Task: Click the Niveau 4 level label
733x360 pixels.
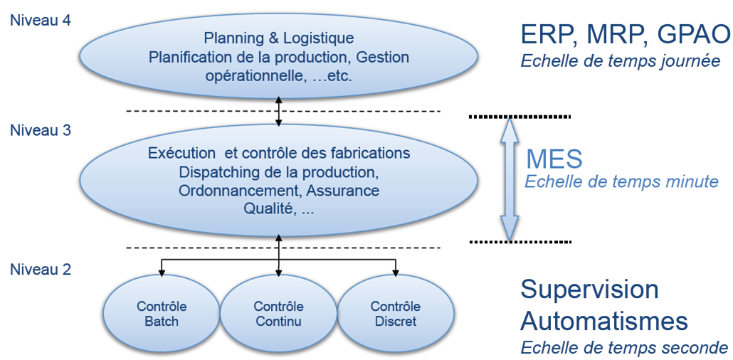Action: click(40, 20)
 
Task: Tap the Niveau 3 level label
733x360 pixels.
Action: click(40, 131)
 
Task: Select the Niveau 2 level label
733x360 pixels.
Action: click(40, 270)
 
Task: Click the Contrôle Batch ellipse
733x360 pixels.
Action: click(162, 314)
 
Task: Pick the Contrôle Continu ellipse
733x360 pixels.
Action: click(278, 314)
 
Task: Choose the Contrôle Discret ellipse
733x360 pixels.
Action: click(395, 314)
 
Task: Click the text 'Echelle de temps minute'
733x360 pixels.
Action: click(621, 181)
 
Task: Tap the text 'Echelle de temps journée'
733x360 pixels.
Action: click(621, 61)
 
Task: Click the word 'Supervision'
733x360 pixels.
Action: click(589, 290)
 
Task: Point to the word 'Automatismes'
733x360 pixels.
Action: click(604, 321)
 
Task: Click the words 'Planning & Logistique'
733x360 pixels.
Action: click(279, 38)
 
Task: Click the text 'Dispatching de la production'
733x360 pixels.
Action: click(279, 171)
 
